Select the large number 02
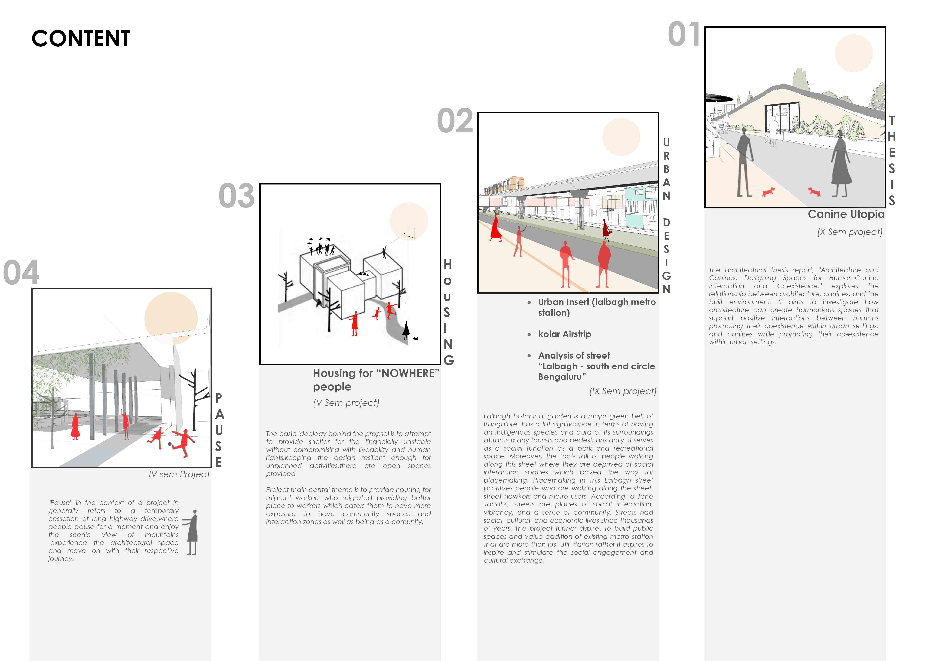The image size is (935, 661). point(455,121)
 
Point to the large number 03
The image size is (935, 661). point(237,196)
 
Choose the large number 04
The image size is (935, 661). point(21,272)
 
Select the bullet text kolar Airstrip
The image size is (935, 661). point(564,334)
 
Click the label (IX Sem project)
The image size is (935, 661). point(623,391)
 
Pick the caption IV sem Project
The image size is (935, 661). point(179,474)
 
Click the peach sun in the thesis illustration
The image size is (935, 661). point(854,53)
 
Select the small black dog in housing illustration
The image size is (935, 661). point(416,338)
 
